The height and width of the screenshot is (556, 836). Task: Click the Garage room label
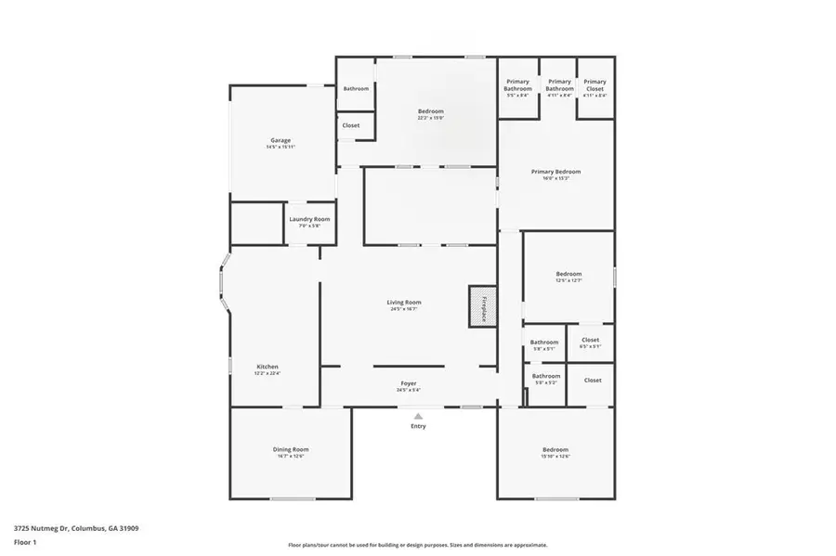coord(281,140)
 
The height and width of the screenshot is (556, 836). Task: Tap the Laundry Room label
coord(308,219)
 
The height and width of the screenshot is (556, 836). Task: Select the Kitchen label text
coord(267,367)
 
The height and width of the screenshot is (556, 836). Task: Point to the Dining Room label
coord(290,449)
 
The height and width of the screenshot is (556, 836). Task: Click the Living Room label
coord(404,302)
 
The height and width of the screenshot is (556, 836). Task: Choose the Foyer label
coord(409,383)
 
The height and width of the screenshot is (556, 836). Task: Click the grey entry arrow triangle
coord(418,415)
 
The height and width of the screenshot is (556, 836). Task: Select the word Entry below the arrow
coord(418,426)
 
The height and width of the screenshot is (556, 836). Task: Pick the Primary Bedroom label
coord(555,172)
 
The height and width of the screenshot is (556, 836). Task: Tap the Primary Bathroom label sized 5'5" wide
coord(517,84)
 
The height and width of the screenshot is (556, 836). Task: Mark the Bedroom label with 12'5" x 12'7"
coord(568,274)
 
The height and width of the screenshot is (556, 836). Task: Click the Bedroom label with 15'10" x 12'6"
coord(555,450)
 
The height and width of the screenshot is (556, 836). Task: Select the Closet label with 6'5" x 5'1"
coord(590,341)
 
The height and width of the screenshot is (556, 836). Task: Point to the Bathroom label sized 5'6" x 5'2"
coord(545,376)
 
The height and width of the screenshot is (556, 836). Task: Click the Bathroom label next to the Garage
coord(356,88)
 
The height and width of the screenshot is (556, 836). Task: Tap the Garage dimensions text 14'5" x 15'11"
coord(281,147)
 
